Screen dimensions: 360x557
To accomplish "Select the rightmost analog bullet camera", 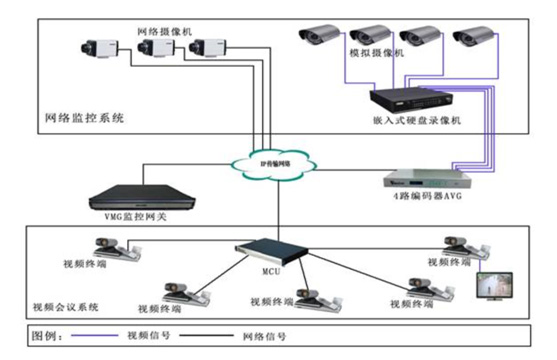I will (x=471, y=39).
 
